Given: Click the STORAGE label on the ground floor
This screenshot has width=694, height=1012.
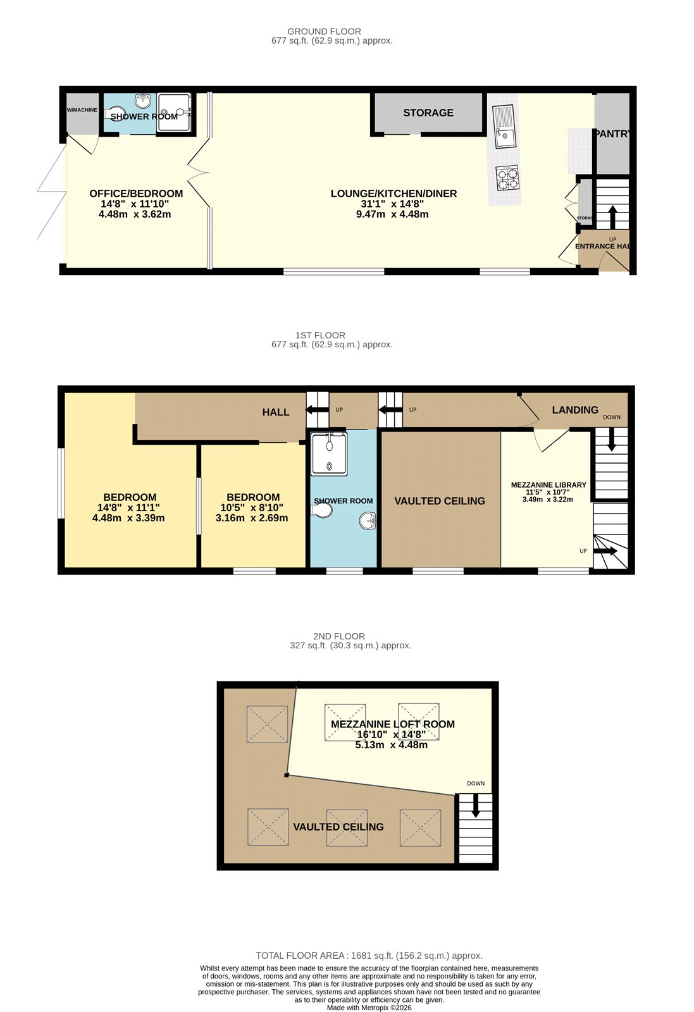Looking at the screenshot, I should click(x=428, y=113).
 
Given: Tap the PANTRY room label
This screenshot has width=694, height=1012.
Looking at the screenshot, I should click(x=612, y=133).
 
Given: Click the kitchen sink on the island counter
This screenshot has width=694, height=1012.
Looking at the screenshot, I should click(x=505, y=126).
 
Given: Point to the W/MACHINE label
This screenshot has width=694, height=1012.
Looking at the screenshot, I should click(x=82, y=110).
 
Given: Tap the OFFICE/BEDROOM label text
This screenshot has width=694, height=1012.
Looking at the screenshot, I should click(x=136, y=194).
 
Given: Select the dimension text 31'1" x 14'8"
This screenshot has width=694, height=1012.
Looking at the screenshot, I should click(x=392, y=204).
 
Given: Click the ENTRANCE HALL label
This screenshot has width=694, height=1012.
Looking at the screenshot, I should click(x=603, y=246).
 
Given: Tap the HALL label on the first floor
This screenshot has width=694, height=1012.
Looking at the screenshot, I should click(x=276, y=412).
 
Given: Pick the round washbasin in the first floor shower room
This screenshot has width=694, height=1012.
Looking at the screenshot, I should click(x=368, y=521).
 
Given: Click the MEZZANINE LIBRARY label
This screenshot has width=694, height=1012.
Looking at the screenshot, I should click(x=548, y=484).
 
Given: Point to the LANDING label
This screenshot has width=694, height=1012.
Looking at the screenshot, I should click(x=575, y=410).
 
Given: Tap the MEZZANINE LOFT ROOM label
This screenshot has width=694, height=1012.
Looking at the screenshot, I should click(x=392, y=724).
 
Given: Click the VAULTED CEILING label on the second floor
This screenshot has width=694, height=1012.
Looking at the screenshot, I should click(x=338, y=827).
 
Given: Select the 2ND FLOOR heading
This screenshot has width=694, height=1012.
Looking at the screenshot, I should click(x=339, y=636).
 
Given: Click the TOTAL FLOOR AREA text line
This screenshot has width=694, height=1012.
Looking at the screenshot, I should click(x=369, y=956).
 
